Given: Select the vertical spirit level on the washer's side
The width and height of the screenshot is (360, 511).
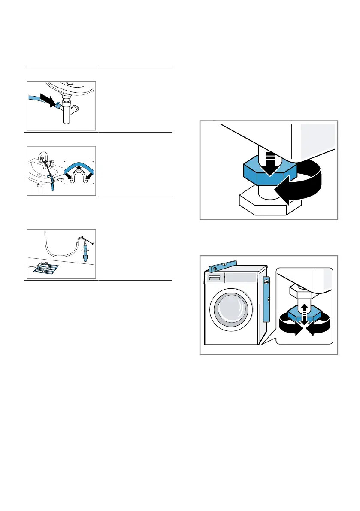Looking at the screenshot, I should pyautogui.click(x=266, y=299).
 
